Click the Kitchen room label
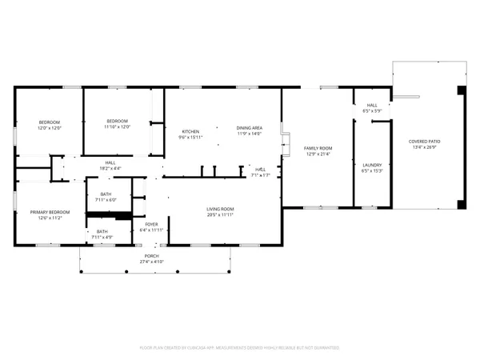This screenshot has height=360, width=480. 190,131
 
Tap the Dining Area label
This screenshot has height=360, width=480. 250,129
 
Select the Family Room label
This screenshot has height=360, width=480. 318,148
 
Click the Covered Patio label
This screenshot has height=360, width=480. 425,142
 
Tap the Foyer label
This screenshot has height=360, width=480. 150,224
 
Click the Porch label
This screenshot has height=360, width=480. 151,257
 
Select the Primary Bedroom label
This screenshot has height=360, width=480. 50,212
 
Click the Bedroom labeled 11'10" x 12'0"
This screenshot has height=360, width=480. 118,121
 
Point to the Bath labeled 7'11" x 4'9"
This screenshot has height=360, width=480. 102,232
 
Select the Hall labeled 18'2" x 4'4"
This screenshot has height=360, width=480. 110,163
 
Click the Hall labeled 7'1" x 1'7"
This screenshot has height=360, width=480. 260,169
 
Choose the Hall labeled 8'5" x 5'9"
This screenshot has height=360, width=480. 372,105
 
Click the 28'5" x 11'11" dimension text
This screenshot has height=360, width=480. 221,214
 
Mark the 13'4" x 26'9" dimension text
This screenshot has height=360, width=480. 425,147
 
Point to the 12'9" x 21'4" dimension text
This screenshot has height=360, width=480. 318,154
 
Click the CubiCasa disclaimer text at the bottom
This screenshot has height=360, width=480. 240,348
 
